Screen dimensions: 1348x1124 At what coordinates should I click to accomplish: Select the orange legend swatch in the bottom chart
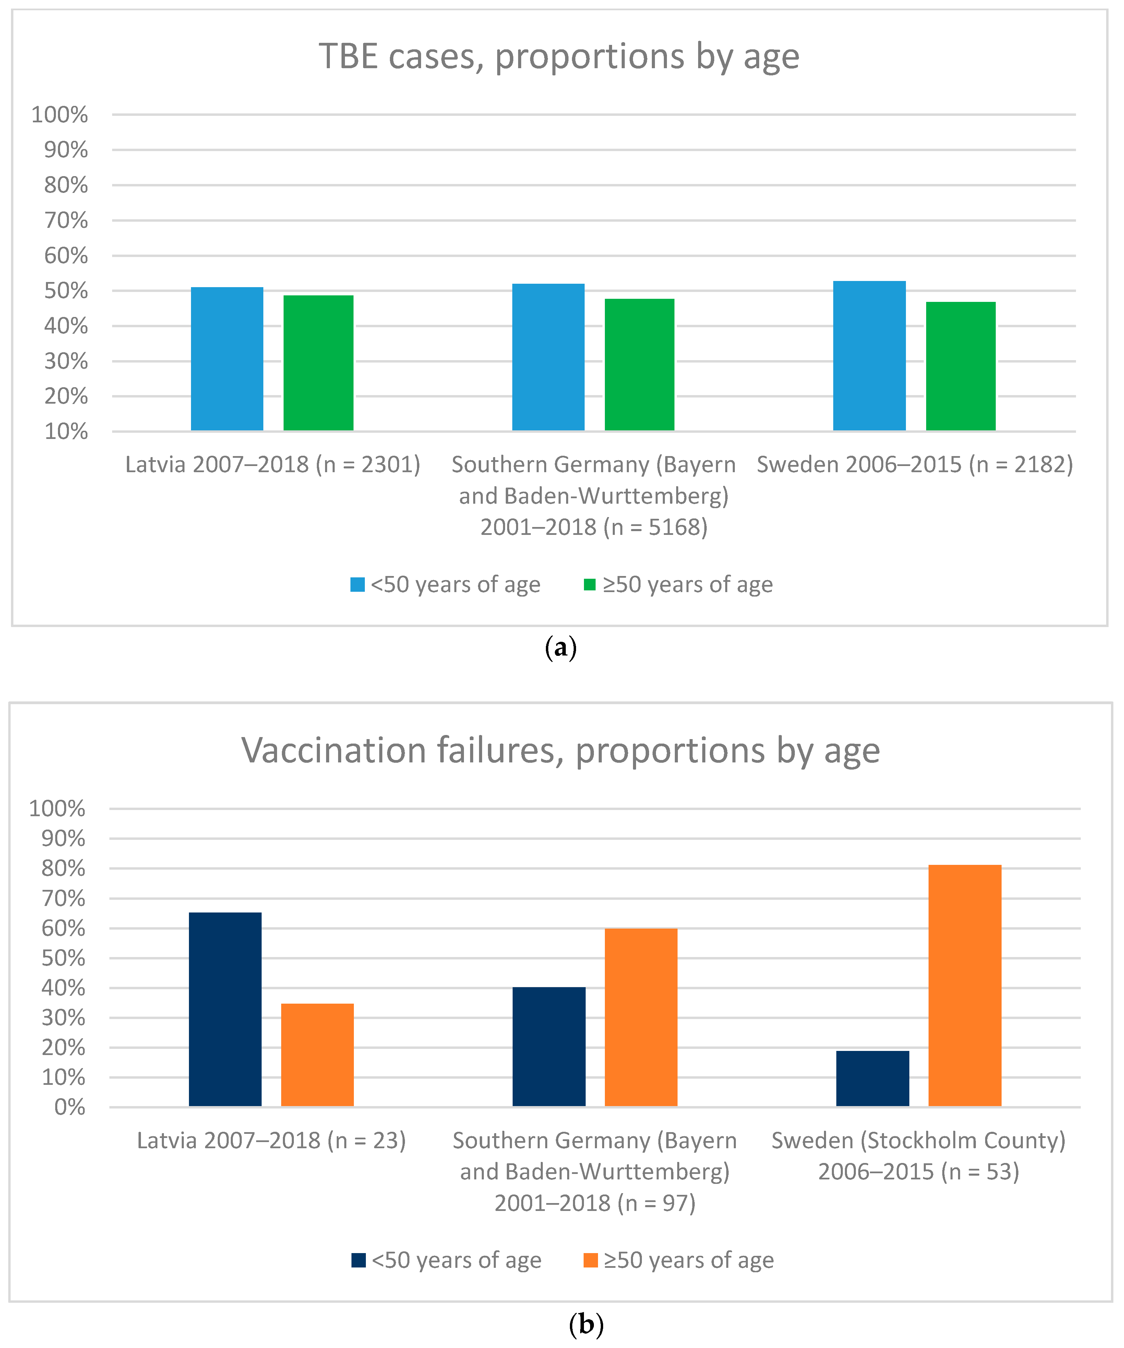[590, 1260]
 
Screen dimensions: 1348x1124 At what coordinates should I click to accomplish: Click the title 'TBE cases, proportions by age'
[559, 57]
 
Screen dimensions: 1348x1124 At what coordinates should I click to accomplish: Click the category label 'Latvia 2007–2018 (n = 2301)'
[272, 464]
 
